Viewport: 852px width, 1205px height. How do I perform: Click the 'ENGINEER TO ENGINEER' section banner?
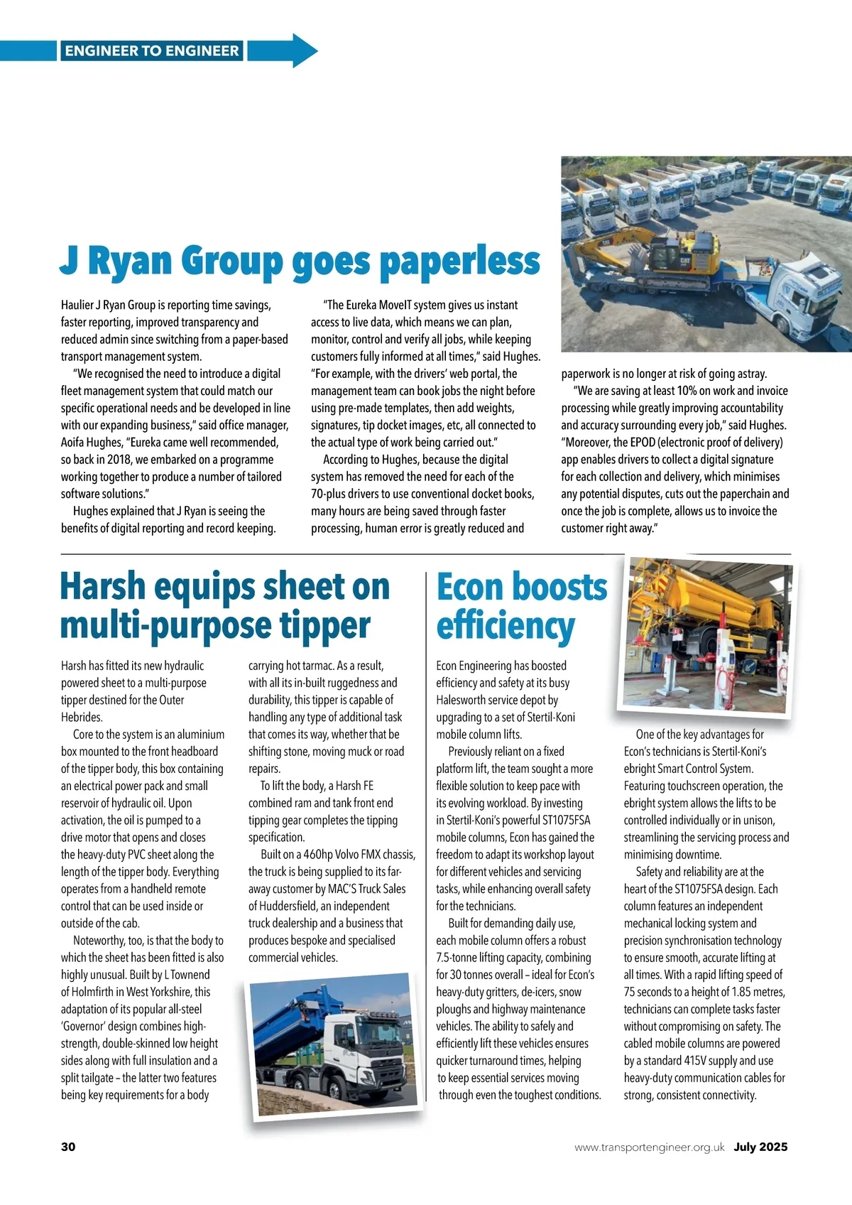point(152,50)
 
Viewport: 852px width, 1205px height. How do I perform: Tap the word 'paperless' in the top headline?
point(459,261)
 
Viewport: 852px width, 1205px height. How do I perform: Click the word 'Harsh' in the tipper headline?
point(102,587)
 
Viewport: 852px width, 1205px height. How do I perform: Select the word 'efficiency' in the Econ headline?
point(505,625)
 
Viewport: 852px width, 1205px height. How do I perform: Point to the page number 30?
point(68,1147)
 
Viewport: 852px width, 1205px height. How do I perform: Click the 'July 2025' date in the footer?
point(760,1147)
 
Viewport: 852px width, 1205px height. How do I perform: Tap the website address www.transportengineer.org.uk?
point(649,1147)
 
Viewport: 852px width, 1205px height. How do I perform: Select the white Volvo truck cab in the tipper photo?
point(355,1055)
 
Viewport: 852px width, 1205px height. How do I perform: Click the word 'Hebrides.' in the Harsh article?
point(82,718)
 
